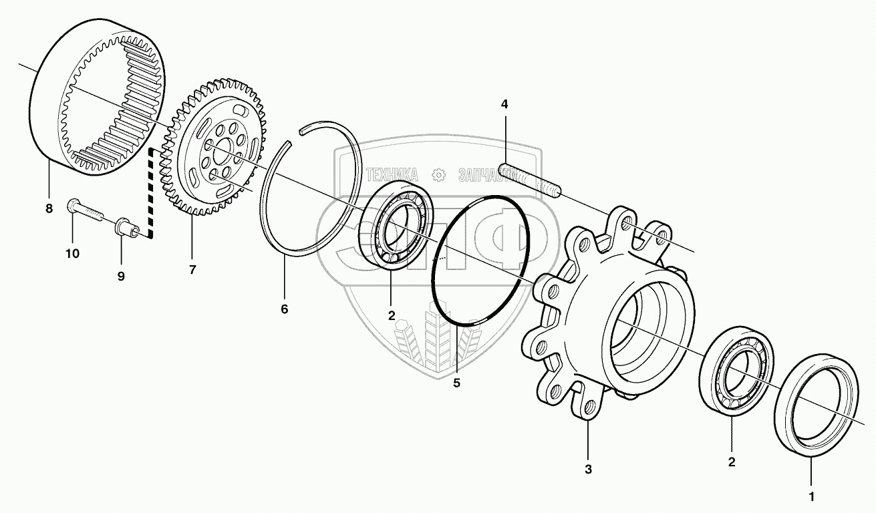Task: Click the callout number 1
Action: (x=812, y=497)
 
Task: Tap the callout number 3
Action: (x=588, y=470)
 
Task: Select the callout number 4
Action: (x=504, y=104)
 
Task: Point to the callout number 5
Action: (x=457, y=383)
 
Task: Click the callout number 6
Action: (x=284, y=310)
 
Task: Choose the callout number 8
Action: (x=49, y=208)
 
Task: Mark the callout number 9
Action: (x=121, y=276)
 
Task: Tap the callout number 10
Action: (x=72, y=254)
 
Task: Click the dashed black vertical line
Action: (x=150, y=194)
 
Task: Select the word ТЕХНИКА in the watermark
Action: (x=392, y=175)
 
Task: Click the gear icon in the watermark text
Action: (x=439, y=175)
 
